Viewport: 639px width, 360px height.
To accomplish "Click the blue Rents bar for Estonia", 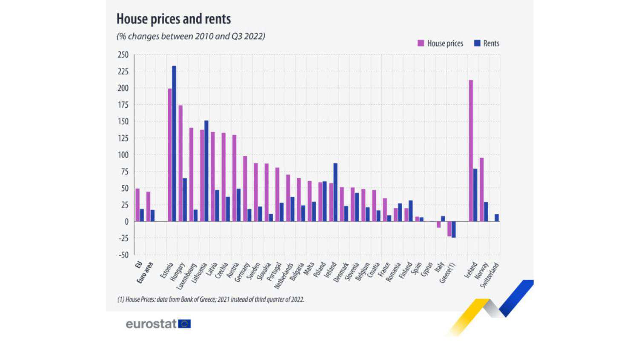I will pos(174,144).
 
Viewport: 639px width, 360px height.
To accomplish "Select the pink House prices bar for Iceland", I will pos(471,151).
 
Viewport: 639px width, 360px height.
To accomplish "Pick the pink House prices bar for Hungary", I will pos(181,163).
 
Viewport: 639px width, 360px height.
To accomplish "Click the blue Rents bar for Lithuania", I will pos(206,171).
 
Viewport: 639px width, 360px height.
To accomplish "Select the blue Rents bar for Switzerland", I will pos(497,218).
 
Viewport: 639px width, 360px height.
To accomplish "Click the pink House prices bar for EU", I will pos(138,205).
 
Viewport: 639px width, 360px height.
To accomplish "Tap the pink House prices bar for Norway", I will pos(482,190).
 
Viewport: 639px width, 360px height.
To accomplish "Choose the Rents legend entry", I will pos(486,43).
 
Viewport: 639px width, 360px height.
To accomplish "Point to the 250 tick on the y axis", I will pos(123,55).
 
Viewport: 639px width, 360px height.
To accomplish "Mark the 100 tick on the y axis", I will pos(123,155).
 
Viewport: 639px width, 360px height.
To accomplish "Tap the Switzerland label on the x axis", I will pos(489,275).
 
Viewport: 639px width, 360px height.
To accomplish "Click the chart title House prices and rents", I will pos(173,19).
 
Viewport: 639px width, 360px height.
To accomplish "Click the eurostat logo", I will pos(158,324).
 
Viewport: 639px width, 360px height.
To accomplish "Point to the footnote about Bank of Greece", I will pos(210,300).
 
